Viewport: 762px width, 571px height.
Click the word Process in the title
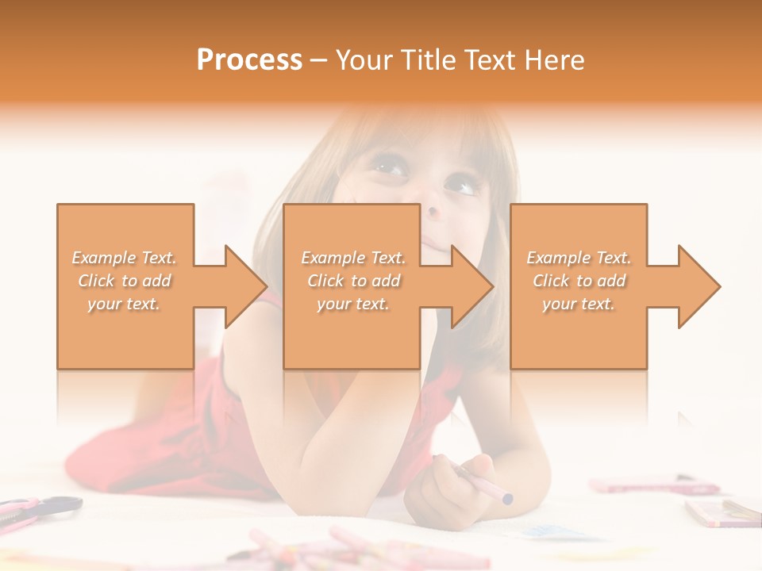(x=249, y=60)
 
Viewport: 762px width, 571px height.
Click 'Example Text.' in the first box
(x=125, y=258)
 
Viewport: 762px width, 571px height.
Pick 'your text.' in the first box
(x=125, y=304)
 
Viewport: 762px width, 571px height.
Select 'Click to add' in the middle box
(x=353, y=281)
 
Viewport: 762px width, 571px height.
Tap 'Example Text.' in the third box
(x=579, y=258)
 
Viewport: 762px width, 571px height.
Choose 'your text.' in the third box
(x=579, y=304)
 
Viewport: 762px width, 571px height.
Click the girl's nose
(x=433, y=211)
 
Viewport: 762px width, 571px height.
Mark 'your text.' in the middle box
(x=353, y=304)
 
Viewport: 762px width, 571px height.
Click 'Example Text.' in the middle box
(x=353, y=258)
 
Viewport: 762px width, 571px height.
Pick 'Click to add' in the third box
(x=579, y=281)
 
